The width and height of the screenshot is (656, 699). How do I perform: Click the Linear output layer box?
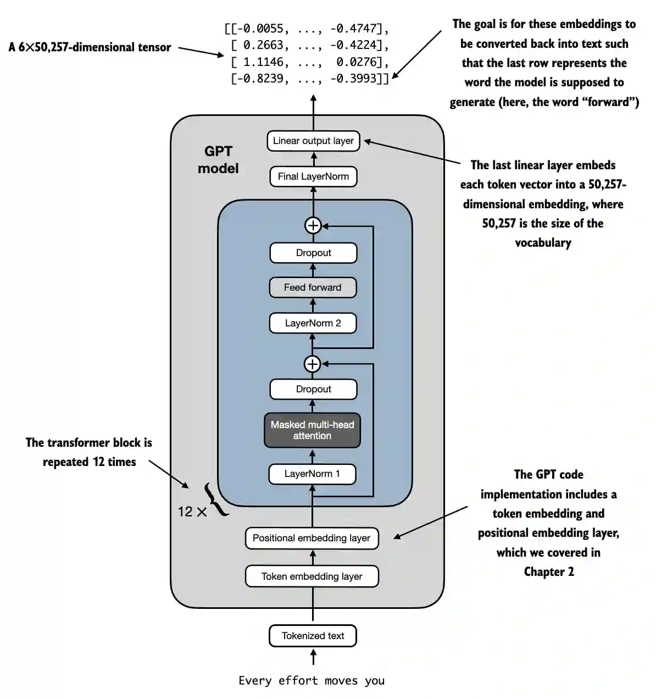tap(313, 141)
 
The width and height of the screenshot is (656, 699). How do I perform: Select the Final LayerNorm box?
tap(313, 176)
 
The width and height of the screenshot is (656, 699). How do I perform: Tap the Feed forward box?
tap(313, 287)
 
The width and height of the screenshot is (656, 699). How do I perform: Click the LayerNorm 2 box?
tap(313, 323)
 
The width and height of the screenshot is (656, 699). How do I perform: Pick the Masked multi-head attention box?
tap(312, 430)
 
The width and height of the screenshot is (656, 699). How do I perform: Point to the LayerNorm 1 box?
tap(312, 474)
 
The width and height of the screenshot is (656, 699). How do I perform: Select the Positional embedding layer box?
tap(312, 538)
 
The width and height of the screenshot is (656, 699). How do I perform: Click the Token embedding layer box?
tap(312, 576)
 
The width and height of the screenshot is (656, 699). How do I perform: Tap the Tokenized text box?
tap(313, 636)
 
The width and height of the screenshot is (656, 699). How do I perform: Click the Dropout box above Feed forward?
tap(313, 253)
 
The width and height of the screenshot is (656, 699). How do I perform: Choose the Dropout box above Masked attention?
tap(313, 389)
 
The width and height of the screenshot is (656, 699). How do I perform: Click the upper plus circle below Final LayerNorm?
tap(313, 225)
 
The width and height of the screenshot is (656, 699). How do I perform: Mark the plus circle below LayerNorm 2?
tap(312, 364)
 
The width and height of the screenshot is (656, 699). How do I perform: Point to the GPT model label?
tap(218, 160)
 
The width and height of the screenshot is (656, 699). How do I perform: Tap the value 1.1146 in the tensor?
tap(263, 62)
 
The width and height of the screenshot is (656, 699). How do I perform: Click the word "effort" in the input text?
tap(298, 680)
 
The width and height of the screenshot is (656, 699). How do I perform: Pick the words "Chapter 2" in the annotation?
tap(549, 572)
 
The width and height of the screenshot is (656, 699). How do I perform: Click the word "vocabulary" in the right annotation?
tap(543, 242)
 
